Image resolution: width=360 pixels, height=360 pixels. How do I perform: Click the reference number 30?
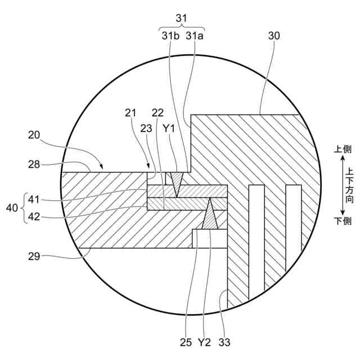pos(274,35)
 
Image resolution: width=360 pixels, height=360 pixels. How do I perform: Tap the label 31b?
pos(170,35)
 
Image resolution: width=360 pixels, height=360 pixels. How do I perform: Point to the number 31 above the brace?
pos(181,18)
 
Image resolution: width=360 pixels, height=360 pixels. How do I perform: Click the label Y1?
pos(169,129)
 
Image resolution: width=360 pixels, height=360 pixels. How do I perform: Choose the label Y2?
pos(204,341)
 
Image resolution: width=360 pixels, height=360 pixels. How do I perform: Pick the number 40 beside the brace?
pos(12,208)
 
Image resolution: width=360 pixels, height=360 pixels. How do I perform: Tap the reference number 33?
pos(224,341)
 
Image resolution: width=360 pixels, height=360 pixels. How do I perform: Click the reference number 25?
pos(186,341)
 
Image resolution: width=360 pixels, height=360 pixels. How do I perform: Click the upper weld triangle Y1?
pos(177,182)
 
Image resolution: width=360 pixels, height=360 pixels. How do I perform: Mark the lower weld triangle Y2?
pos(210,217)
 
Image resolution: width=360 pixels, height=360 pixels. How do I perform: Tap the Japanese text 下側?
pos(343,220)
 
